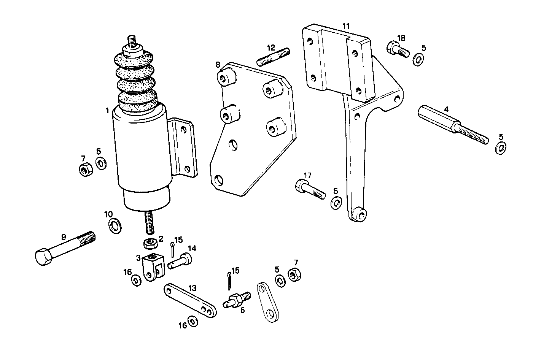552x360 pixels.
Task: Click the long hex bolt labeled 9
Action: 65,248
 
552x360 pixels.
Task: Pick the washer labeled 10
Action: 114,226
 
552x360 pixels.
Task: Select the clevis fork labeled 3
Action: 153,267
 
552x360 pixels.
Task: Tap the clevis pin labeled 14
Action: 180,262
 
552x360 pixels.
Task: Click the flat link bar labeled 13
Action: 190,300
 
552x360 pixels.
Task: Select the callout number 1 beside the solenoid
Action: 108,111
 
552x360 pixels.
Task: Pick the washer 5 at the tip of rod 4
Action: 501,147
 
